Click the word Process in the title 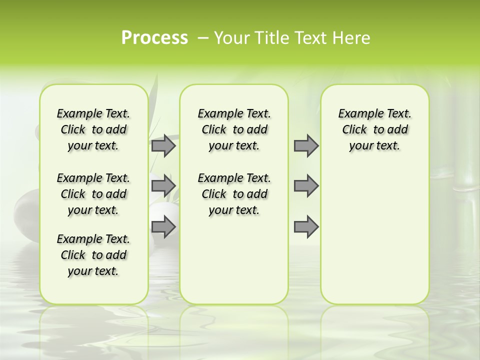pyautogui.click(x=154, y=37)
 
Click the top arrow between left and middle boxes pyautogui.click(x=163, y=146)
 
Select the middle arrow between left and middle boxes pyautogui.click(x=163, y=186)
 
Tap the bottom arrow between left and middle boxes pyautogui.click(x=163, y=226)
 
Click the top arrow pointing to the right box pyautogui.click(x=305, y=146)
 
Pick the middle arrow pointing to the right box pyautogui.click(x=305, y=186)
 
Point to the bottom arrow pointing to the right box pyautogui.click(x=305, y=226)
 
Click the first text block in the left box pyautogui.click(x=93, y=129)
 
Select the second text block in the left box pyautogui.click(x=93, y=194)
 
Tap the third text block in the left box pyautogui.click(x=93, y=255)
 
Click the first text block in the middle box pyautogui.click(x=234, y=129)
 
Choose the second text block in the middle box pyautogui.click(x=234, y=194)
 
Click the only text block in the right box pyautogui.click(x=374, y=129)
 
